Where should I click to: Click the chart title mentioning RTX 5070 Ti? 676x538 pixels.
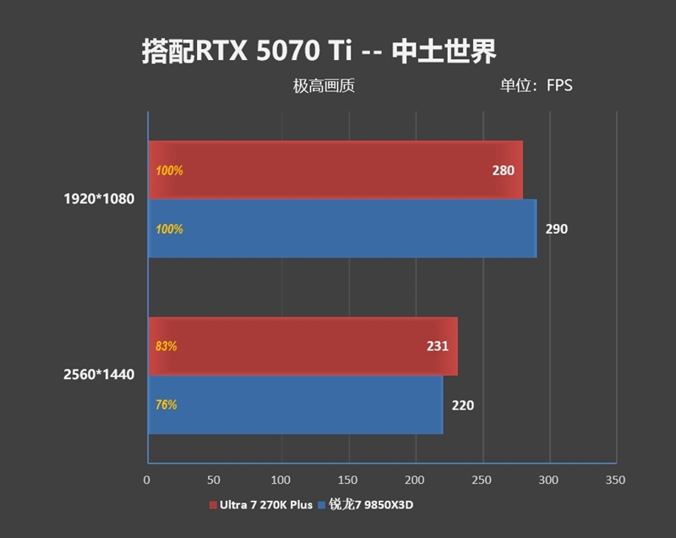[x=319, y=50]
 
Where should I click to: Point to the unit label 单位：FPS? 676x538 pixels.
[x=536, y=85]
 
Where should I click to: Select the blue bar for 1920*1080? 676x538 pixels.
[x=342, y=228]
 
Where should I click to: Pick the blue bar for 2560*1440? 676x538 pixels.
[x=295, y=405]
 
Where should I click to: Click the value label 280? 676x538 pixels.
[x=503, y=171]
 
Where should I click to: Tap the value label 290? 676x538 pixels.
[x=556, y=229]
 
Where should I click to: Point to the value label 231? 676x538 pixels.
[x=437, y=346]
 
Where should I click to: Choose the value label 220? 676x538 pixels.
[x=462, y=405]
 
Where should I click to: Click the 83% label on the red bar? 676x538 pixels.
[x=166, y=346]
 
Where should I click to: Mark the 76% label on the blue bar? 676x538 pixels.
[x=166, y=405]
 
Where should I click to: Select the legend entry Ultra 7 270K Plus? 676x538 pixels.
[x=264, y=505]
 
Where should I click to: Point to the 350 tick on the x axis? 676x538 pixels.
[x=615, y=480]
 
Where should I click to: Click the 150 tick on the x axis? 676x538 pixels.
[x=348, y=480]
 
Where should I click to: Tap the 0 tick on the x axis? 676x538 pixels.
[x=148, y=480]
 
